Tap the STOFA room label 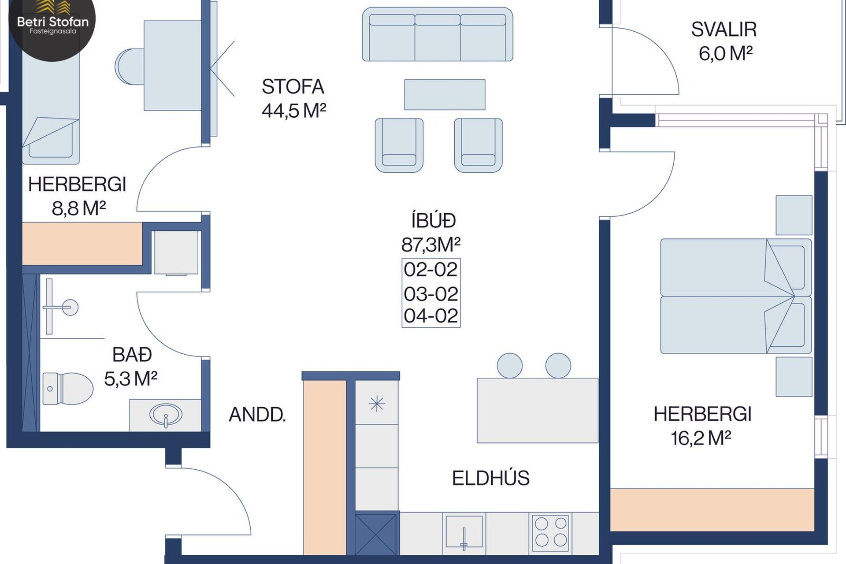pos(293,87)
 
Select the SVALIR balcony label pos(724,30)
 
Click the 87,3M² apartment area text pos(431,245)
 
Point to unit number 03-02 pos(431,294)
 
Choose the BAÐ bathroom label pos(132,355)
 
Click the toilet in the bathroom pos(68,389)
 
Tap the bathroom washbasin pos(166,415)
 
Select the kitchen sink pos(464,533)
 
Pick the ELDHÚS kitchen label pos(491,478)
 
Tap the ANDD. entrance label pos(257,415)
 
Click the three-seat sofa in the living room pos(438,34)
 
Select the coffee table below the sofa pos(445,95)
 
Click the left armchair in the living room pos(399,145)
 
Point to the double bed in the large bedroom pos(736,296)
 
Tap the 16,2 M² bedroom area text pos(701,438)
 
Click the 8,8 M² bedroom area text pos(79,208)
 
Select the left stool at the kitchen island pos(510,366)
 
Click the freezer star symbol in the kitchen pos(377,404)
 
